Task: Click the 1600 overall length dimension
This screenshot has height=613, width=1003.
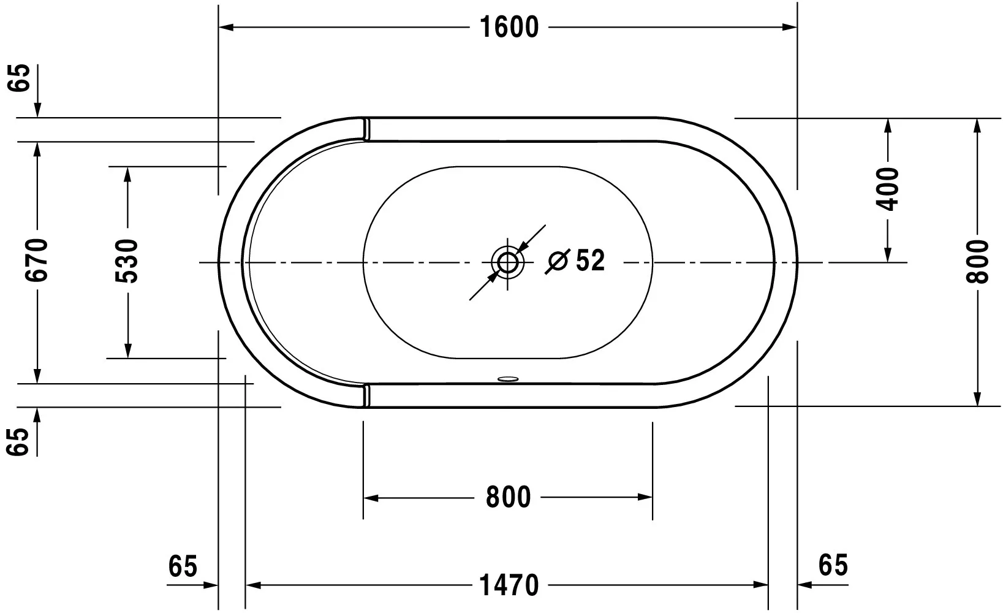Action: pos(509,28)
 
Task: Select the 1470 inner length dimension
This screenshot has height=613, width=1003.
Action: pos(509,585)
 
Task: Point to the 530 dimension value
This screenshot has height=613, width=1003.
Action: pos(127,261)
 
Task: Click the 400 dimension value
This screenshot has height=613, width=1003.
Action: pos(887,189)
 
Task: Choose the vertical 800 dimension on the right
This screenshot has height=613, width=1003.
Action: pos(977,262)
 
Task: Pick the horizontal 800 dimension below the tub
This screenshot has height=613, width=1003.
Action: pos(508,497)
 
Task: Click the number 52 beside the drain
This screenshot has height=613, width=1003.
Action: pos(590,260)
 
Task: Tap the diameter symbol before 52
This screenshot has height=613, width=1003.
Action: pos(558,261)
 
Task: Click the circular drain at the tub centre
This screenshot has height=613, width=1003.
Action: pos(507,262)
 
